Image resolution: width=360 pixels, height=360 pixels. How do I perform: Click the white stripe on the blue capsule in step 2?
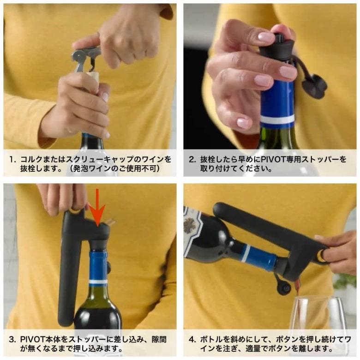[x=277, y=120]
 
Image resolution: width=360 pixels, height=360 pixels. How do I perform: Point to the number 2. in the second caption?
[x=192, y=160]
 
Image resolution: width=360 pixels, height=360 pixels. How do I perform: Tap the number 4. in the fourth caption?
[x=192, y=340]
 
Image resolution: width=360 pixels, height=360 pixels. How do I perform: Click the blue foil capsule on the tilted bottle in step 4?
[x=259, y=258]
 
